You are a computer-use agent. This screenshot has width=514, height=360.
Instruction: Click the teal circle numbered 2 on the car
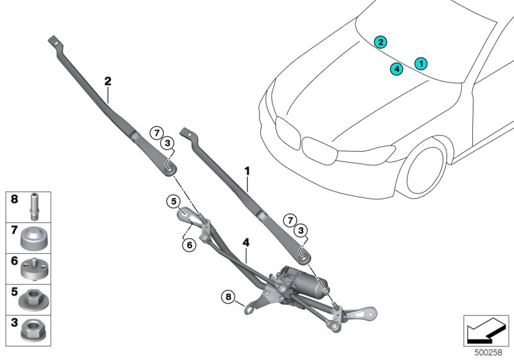click(381, 42)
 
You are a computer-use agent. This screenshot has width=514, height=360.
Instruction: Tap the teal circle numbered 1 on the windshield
click(421, 63)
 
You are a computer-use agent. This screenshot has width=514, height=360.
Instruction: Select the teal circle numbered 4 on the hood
click(396, 69)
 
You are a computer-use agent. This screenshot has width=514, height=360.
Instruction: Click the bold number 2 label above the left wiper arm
click(108, 82)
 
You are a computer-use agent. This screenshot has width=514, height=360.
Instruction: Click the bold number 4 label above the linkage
click(245, 243)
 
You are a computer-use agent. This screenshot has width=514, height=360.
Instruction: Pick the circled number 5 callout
click(173, 201)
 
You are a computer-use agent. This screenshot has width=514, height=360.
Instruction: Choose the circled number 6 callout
click(188, 244)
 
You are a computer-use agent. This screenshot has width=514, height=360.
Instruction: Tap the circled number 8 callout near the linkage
click(227, 296)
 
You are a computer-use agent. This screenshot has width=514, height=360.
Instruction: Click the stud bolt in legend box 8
click(32, 206)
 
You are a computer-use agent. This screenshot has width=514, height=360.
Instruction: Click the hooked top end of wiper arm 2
click(55, 41)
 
